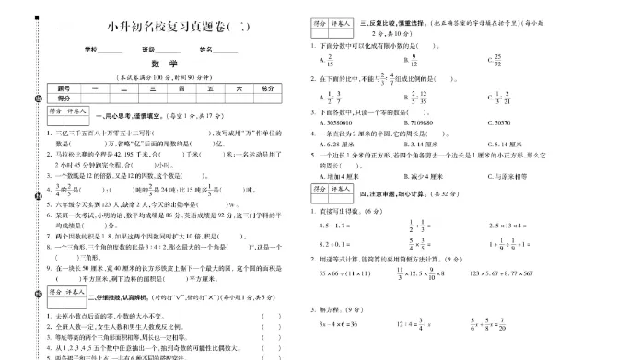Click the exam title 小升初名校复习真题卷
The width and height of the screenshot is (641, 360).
(x=170, y=26)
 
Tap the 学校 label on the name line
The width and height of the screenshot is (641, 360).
(x=91, y=49)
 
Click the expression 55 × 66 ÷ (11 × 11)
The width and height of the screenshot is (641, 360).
(x=344, y=273)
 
